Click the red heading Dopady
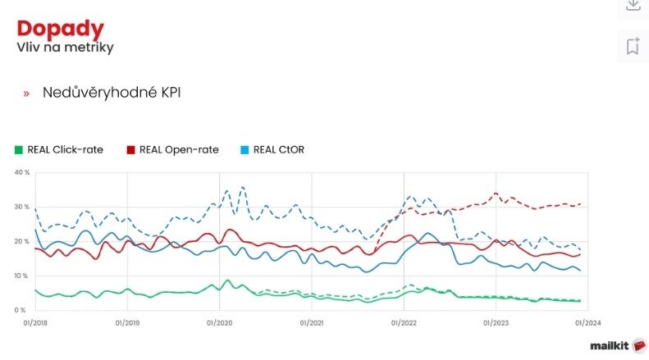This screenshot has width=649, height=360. point(61,29)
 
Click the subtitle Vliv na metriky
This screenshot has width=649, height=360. point(65,48)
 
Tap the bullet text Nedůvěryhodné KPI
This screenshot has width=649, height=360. point(112,93)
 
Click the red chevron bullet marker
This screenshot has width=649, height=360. point(26,93)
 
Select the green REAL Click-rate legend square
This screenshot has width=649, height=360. point(19,149)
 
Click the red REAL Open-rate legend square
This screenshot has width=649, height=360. point(130,149)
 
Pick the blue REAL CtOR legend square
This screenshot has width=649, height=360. point(245,149)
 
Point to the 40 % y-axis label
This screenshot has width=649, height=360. point(22,172)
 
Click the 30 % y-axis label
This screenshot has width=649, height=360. point(22,207)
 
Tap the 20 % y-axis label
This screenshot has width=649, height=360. point(22,241)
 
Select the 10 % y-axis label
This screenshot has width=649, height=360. point(22,276)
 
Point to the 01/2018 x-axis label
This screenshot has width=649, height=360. point(34,322)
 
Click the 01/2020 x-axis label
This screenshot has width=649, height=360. point(219,322)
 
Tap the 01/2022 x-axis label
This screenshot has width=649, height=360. point(404,322)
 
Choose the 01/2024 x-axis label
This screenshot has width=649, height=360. point(587,322)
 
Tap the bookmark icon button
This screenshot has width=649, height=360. point(633,46)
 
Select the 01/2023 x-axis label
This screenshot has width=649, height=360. point(496,322)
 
